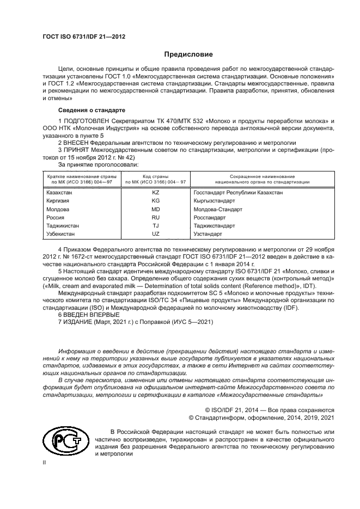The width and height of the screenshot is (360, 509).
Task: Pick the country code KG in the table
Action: click(x=155, y=200)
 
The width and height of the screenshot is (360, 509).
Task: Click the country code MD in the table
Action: click(x=155, y=209)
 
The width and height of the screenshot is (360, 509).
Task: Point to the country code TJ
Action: click(x=155, y=225)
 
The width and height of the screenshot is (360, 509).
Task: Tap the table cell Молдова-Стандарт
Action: click(x=218, y=209)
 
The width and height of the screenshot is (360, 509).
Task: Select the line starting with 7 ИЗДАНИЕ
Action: click(x=135, y=322)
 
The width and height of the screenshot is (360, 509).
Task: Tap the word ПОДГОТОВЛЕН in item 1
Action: click(x=87, y=120)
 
